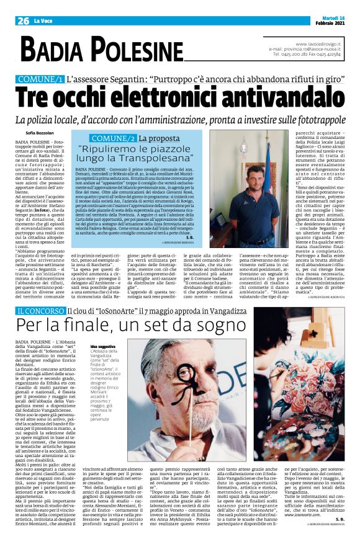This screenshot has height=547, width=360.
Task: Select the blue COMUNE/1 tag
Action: click(42, 79)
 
